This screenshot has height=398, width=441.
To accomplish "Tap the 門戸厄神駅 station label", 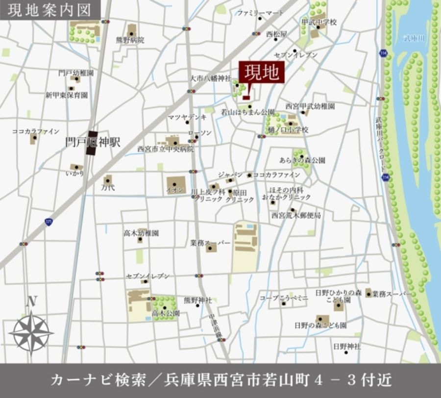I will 93,142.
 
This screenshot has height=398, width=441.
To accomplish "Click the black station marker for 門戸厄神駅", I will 92,143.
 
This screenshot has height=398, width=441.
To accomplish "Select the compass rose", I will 31,332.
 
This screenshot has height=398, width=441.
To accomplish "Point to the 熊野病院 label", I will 130,40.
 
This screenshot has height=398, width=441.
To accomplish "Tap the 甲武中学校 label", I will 319,22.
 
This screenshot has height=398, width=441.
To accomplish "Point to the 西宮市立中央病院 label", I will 166,149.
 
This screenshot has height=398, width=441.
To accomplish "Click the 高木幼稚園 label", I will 141,233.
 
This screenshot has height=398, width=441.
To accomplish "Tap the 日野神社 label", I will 346,346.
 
